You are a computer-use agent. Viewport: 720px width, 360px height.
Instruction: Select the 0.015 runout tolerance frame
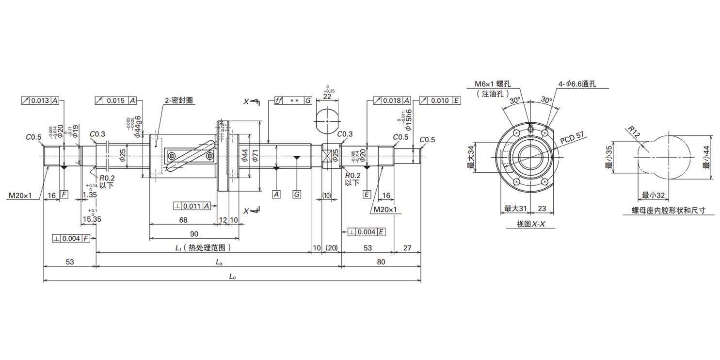point(116,100)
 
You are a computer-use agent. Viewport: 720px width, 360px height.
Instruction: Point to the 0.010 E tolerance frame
point(439,100)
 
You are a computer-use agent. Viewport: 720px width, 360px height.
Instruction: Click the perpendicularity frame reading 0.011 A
point(192,206)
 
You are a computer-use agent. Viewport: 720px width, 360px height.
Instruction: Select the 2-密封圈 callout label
point(179,100)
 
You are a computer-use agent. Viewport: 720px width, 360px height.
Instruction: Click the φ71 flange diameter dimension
point(255,155)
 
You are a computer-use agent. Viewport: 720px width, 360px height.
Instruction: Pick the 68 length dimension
point(183,220)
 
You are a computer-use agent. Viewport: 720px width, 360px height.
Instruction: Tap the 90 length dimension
point(194,234)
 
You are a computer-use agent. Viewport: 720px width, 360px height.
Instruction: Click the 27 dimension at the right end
point(407,248)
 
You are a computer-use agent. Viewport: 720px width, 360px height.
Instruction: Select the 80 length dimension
point(381,262)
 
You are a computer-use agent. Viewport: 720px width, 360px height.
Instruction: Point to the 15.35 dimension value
point(92,219)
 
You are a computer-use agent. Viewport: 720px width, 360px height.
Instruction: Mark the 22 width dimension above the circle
point(328,97)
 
